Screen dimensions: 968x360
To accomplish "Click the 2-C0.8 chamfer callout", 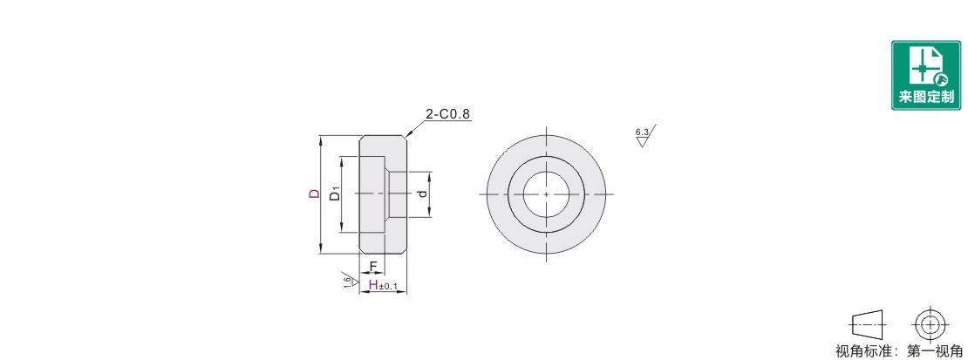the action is pyautogui.click(x=448, y=114).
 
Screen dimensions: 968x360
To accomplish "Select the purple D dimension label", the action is pyautogui.click(x=315, y=194).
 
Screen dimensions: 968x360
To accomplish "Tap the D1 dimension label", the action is pyautogui.click(x=335, y=194).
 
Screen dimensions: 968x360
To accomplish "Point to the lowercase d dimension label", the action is pyautogui.click(x=422, y=194).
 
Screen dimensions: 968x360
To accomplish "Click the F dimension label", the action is pyautogui.click(x=373, y=267).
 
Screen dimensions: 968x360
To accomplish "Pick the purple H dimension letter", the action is pyautogui.click(x=373, y=285).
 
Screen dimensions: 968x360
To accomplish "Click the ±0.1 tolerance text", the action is pyautogui.click(x=388, y=287).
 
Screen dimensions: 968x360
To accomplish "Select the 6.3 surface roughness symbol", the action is pyautogui.click(x=644, y=135).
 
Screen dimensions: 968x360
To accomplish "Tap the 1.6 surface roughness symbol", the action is pyautogui.click(x=350, y=280).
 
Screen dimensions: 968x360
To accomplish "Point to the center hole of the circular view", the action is pyautogui.click(x=546, y=194).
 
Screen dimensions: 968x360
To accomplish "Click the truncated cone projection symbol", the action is pyautogui.click(x=868, y=323).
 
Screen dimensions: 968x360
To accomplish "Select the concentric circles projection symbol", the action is pyautogui.click(x=927, y=323).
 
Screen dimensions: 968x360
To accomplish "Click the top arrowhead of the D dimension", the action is pyautogui.click(x=321, y=139).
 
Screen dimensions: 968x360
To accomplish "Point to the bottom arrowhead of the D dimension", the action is pyautogui.click(x=321, y=248).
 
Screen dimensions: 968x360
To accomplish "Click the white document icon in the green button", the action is pyautogui.click(x=924, y=65).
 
